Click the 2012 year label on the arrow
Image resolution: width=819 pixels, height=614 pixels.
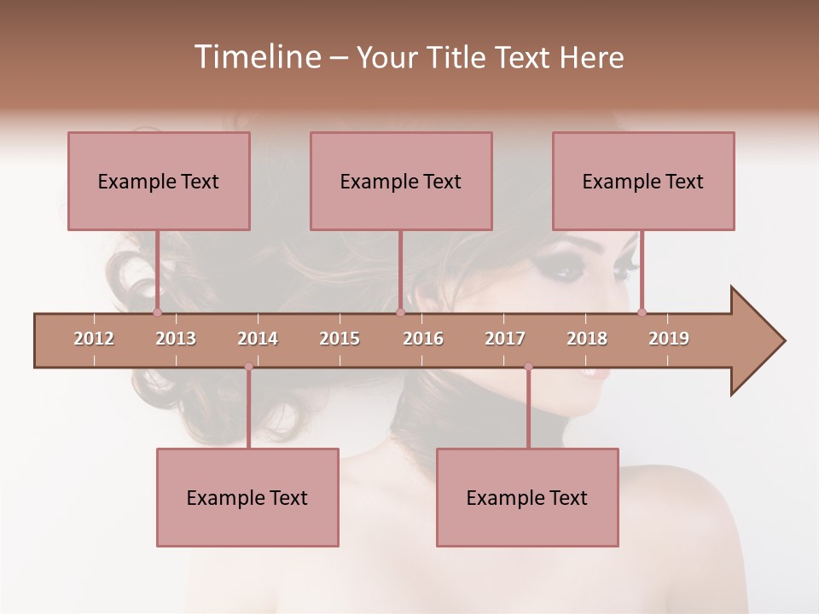click(x=94, y=339)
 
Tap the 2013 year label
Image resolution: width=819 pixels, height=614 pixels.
click(x=176, y=339)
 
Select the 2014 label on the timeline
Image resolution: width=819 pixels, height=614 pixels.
click(x=258, y=339)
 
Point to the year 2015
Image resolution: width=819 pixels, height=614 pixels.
click(x=340, y=339)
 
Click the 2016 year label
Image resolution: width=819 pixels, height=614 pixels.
click(x=423, y=339)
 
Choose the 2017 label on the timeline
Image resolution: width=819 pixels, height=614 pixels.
click(x=505, y=339)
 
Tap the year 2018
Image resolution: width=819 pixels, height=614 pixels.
click(x=587, y=339)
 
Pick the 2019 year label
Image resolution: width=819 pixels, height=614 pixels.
click(x=669, y=339)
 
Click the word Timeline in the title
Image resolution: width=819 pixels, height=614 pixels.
click(x=256, y=57)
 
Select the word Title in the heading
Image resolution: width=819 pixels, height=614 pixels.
click(x=459, y=58)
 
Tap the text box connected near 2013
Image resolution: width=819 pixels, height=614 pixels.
click(x=159, y=181)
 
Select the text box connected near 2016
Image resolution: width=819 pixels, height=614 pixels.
click(x=401, y=181)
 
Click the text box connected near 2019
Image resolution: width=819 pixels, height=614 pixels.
click(x=643, y=181)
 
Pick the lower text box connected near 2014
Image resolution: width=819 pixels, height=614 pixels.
click(x=247, y=497)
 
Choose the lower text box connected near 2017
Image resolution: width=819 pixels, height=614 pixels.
click(x=527, y=497)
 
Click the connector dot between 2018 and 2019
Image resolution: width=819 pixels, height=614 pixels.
click(x=642, y=312)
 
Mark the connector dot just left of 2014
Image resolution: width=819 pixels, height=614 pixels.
click(x=248, y=367)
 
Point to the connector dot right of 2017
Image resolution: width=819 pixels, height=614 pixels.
click(x=528, y=367)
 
